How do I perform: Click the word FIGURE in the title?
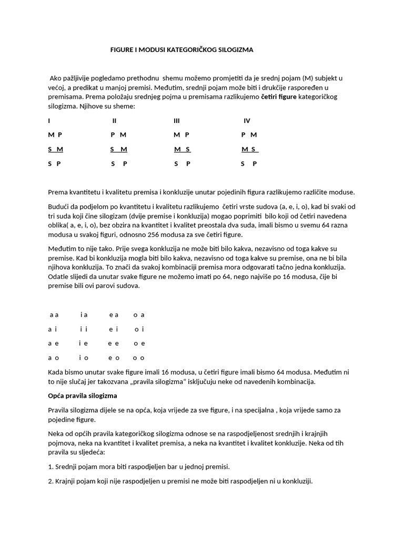121,49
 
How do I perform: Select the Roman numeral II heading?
114,121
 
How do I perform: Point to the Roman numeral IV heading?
247,121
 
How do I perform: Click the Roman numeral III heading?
177,121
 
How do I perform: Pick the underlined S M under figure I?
55,149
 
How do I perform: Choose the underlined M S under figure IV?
249,149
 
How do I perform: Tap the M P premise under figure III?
181,135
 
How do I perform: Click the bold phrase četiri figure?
279,97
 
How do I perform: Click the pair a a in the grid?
54,315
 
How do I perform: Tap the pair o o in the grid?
139,358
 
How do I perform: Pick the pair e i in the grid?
114,329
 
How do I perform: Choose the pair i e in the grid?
83,344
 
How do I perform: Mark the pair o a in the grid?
139,315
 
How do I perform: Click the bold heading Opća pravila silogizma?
82,395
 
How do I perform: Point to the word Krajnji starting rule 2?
66,480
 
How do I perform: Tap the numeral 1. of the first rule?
50,466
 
